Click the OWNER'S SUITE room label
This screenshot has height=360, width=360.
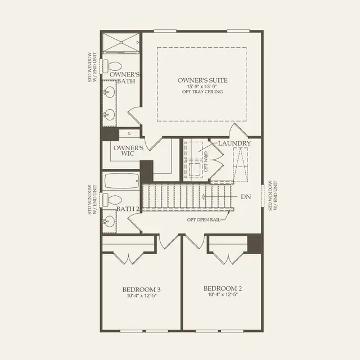(x=202, y=80)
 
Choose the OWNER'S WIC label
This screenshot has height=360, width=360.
(x=128, y=151)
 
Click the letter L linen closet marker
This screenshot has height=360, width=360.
(x=129, y=133)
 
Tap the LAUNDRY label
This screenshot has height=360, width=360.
(x=235, y=144)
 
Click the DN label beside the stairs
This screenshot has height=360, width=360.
(x=246, y=197)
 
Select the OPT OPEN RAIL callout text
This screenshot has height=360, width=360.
(x=204, y=219)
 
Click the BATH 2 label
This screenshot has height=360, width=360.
(x=128, y=209)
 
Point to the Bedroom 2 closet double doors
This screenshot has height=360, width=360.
(x=227, y=258)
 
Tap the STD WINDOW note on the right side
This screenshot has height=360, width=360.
(x=272, y=196)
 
